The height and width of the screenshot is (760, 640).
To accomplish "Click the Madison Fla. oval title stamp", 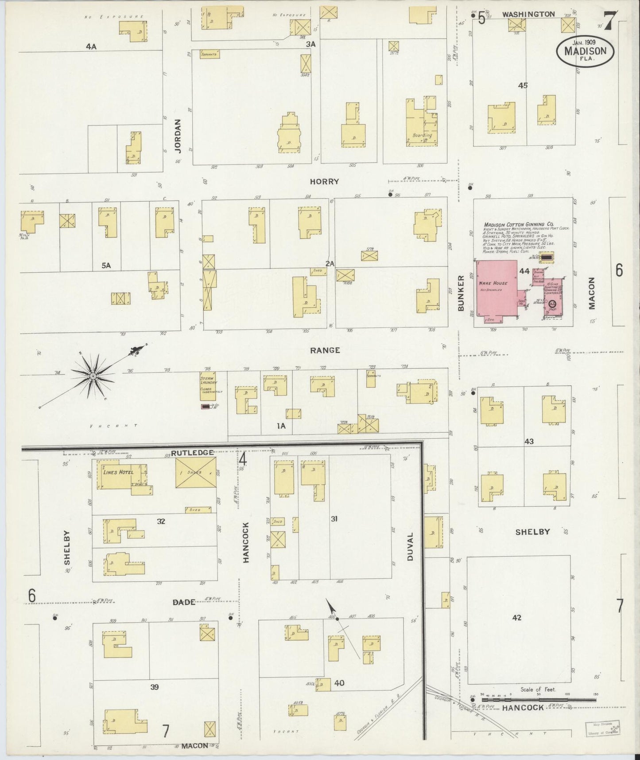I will point(585,50).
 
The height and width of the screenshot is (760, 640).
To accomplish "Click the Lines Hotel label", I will point(118,472).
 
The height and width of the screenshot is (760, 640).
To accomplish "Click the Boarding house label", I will point(422,135).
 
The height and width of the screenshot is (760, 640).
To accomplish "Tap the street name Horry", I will point(324,181).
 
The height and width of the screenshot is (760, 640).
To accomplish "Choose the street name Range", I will point(325,350).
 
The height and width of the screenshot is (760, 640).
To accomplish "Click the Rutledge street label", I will point(192,453).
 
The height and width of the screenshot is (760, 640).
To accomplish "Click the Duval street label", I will point(410,546).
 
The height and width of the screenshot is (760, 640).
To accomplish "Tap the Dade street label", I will point(183,602).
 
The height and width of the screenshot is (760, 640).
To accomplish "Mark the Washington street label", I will point(528,14).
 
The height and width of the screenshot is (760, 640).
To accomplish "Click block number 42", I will point(516,617).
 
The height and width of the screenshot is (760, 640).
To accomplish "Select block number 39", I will point(154,687).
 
